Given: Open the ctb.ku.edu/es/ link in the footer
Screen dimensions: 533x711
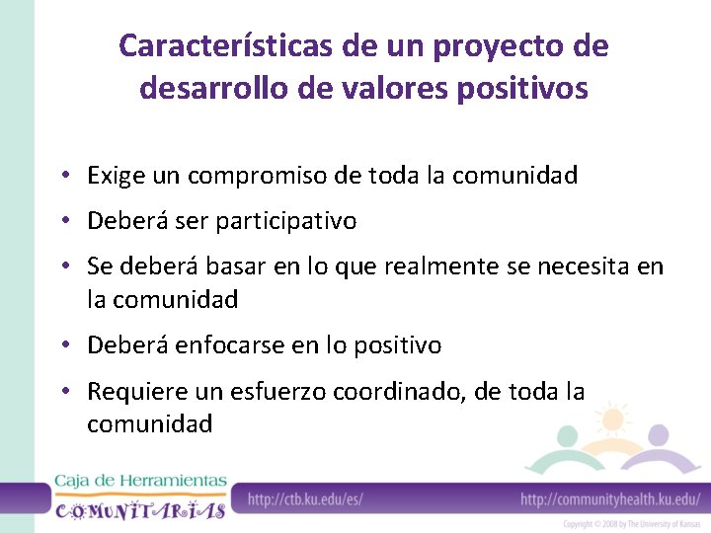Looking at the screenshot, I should pos(304,499).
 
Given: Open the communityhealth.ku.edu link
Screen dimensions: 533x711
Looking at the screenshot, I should pos(609,499).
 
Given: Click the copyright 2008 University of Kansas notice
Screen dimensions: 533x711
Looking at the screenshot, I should pos(632,523).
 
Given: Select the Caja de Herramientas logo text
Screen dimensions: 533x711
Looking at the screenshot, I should pos(140,481).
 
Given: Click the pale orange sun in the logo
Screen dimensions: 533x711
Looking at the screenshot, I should pos(612,419).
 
